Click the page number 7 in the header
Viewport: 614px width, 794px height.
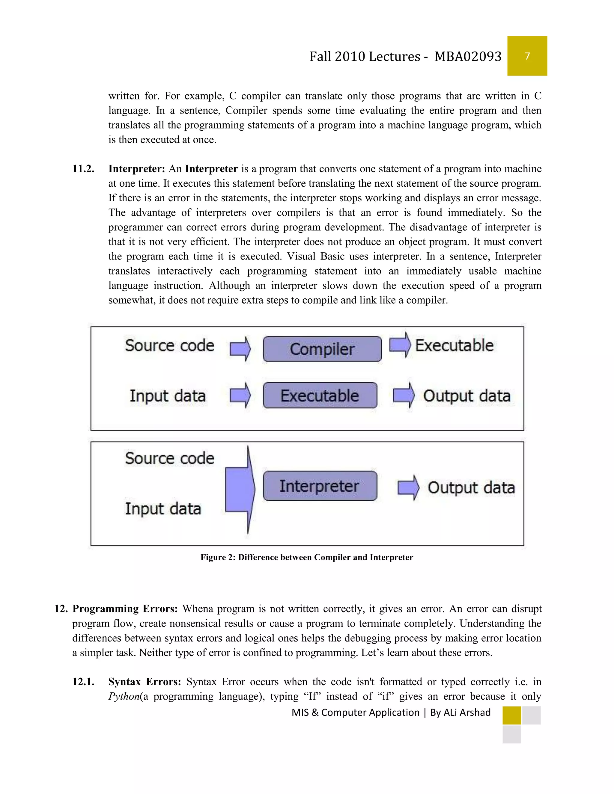tap(527, 56)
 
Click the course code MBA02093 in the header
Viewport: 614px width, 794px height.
tap(468, 57)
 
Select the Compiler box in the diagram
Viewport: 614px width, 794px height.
tap(322, 349)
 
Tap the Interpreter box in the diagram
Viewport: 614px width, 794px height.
tap(320, 486)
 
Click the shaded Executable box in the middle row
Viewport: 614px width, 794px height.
tap(320, 396)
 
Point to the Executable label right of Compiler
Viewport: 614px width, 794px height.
tap(454, 345)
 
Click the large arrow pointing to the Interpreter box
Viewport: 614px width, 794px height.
tap(240, 489)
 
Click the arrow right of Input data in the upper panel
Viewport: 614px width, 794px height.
tap(240, 395)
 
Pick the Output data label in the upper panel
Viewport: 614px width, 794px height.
tap(467, 396)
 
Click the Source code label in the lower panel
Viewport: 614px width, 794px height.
tap(169, 458)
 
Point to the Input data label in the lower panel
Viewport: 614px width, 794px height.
tap(163, 509)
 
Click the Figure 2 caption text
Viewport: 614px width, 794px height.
tap(307, 557)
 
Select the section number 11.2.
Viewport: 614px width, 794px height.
tap(83, 169)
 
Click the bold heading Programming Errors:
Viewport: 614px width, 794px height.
tap(125, 609)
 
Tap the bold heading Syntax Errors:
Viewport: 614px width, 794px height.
tap(145, 682)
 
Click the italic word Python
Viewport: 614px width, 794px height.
tap(124, 696)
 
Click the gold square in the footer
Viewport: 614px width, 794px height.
tap(511, 715)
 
